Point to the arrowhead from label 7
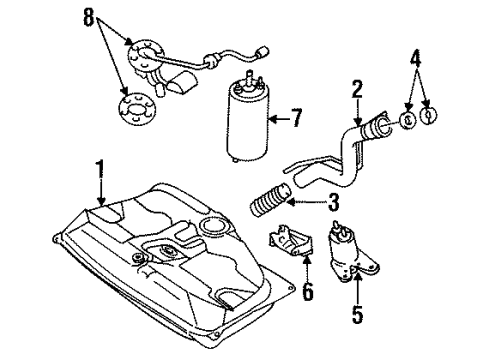272,119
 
